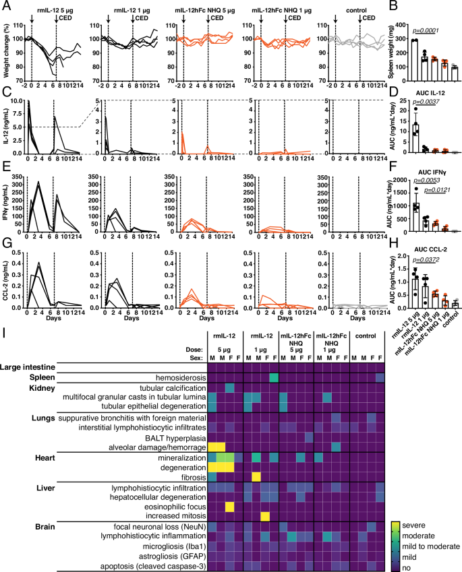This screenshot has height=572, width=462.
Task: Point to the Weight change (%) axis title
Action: click(6, 51)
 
